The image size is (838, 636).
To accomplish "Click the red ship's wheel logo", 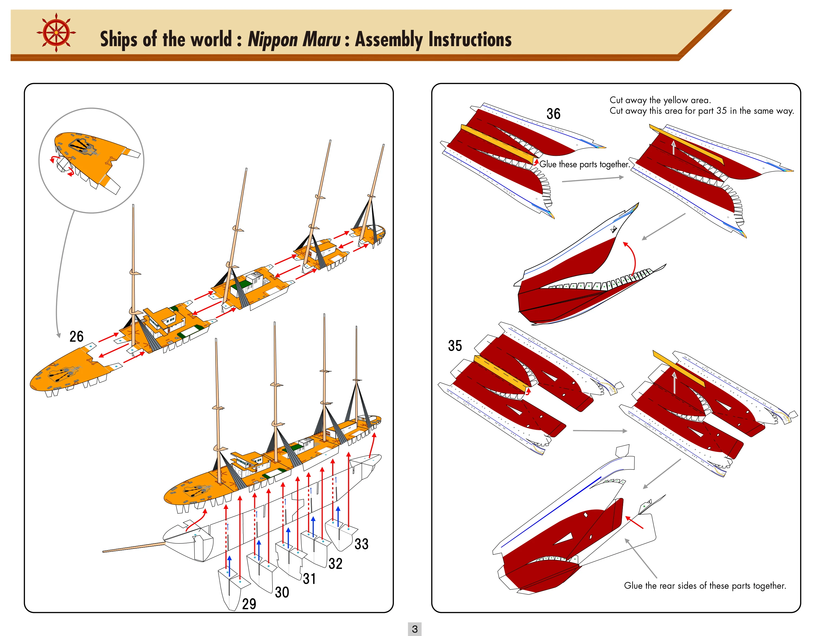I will click(56, 33).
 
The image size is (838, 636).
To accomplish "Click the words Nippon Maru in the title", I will click(294, 39).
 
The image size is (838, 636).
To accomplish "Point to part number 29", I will click(249, 604).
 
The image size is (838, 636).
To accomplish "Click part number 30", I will click(282, 592).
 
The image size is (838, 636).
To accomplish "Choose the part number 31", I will click(309, 578).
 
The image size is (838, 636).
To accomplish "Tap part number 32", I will click(335, 563).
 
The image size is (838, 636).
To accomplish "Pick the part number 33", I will click(362, 544).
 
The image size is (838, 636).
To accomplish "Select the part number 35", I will click(455, 345).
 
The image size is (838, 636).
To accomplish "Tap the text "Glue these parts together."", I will click(584, 164).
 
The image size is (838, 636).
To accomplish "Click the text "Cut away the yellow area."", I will click(660, 100).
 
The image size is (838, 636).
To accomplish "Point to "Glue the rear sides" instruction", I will click(705, 585).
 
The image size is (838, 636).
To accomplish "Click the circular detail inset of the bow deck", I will click(91, 160).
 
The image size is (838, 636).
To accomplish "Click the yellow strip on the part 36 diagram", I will click(496, 144).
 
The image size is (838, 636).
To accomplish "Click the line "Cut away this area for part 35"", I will click(702, 111).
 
